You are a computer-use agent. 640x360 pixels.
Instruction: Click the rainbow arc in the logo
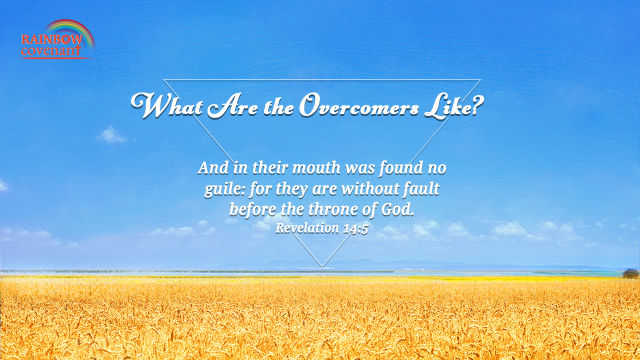[71, 24]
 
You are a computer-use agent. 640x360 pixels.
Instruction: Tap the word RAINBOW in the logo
[52, 40]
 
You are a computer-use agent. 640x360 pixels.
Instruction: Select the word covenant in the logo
[51, 51]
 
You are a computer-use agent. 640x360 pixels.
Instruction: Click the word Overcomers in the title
[359, 106]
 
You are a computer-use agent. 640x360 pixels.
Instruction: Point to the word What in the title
[167, 106]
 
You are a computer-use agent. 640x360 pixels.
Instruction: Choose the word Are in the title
[233, 107]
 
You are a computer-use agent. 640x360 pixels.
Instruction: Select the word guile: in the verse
[224, 190]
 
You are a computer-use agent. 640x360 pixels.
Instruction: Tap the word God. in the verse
[398, 209]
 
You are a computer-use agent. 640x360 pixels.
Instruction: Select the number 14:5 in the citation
[356, 229]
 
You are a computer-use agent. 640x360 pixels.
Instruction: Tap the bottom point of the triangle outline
[322, 267]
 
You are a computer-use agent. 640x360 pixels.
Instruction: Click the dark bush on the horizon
[631, 273]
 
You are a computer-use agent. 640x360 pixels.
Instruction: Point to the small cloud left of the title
[111, 135]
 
